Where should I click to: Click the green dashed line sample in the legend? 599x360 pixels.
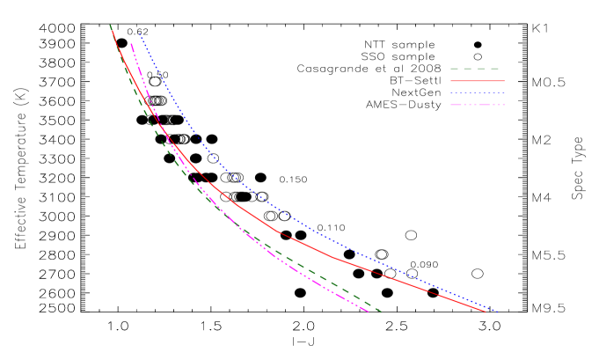[476, 69]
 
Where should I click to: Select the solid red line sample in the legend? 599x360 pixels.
[477, 81]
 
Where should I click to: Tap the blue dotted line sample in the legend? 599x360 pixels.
[477, 92]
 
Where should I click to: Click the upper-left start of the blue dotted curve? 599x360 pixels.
[139, 34]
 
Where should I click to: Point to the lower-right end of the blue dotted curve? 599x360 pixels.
[498, 312]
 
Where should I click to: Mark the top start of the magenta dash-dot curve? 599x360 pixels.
[131, 43]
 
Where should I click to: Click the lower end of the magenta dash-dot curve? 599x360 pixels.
[369, 312]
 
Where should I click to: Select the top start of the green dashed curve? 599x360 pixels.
[110, 26]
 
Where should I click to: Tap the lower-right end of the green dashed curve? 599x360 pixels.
[382, 312]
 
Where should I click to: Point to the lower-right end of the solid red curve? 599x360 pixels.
[486, 312]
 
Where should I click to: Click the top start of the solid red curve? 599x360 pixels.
[112, 30]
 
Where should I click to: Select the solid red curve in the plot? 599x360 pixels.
[334, 258]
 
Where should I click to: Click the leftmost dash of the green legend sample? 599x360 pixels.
[455, 69]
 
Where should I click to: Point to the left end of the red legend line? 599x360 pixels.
[451, 81]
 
